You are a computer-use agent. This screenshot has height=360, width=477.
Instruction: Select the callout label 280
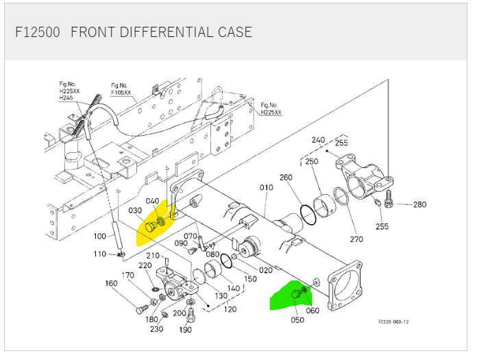(419, 204)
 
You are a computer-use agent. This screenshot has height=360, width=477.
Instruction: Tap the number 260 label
(286, 178)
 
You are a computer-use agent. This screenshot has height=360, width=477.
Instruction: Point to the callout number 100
(100, 237)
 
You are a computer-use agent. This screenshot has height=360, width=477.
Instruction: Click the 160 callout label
(110, 283)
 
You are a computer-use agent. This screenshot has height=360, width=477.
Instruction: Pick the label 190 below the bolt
(186, 330)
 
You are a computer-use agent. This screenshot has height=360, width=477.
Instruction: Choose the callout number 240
(318, 140)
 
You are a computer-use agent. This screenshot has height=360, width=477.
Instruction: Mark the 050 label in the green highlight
(297, 320)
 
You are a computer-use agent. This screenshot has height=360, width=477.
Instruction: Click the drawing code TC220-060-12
(393, 322)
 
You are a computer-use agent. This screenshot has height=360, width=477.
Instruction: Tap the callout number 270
(356, 239)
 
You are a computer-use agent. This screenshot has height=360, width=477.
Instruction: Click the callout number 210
(152, 256)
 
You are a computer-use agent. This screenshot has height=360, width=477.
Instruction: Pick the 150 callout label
(250, 279)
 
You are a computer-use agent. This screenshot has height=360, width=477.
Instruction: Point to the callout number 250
(312, 162)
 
